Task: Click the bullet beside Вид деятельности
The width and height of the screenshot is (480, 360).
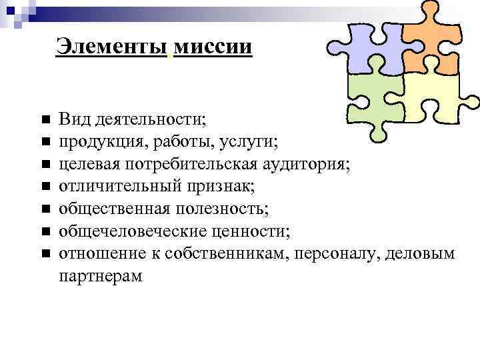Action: point(45,120)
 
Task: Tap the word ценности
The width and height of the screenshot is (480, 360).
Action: point(250,231)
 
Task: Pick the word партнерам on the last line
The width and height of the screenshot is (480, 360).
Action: point(101,275)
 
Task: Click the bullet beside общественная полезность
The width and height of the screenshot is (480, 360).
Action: point(45,209)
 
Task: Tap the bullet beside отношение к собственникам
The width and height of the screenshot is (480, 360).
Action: point(45,254)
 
